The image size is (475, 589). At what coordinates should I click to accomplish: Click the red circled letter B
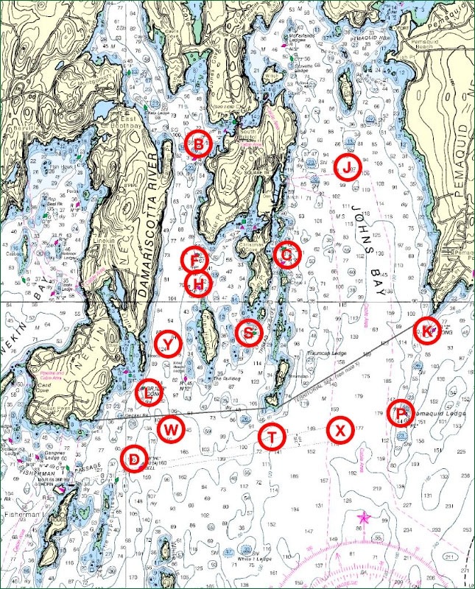click(198, 144)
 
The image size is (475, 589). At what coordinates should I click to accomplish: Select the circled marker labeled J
click(347, 167)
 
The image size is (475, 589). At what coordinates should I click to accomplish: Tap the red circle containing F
click(194, 258)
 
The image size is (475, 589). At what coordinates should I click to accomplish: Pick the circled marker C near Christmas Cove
click(286, 255)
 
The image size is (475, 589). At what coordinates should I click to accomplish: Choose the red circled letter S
click(249, 333)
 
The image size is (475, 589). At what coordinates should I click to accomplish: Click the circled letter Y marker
click(169, 344)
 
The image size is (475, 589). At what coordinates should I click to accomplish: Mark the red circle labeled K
click(427, 331)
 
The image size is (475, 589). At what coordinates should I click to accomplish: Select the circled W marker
click(170, 428)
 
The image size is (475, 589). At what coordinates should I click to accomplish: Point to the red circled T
click(272, 437)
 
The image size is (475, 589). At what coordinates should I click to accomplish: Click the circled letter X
click(339, 429)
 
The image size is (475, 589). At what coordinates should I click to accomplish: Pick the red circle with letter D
click(133, 459)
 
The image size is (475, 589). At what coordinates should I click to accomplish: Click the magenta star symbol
click(362, 519)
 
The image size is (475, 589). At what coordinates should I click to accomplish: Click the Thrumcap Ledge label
click(328, 353)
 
